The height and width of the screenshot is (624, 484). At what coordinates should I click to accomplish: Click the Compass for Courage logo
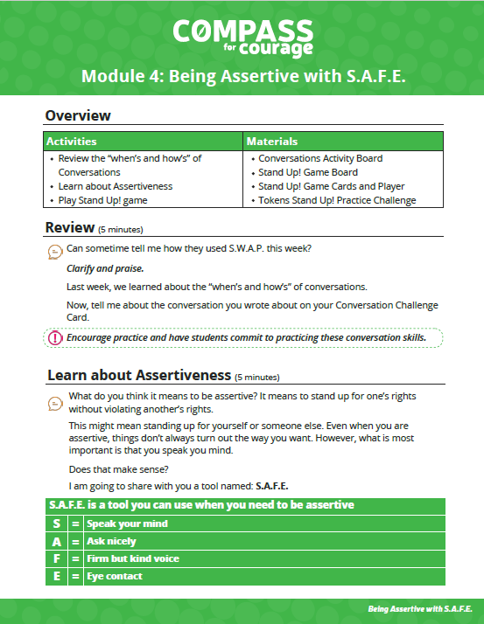(x=242, y=37)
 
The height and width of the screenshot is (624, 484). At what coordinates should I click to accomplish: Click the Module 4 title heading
(x=242, y=76)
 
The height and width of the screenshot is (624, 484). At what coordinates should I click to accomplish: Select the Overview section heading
(x=78, y=115)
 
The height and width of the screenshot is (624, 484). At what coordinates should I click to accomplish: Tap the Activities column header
(x=72, y=141)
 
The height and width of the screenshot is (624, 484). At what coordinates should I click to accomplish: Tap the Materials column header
(x=272, y=141)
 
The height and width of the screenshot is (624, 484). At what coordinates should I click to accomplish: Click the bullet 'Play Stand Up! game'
(x=102, y=200)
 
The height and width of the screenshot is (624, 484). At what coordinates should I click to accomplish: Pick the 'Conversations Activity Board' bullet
(x=320, y=158)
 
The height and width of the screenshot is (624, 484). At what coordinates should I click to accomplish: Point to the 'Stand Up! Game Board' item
(x=307, y=172)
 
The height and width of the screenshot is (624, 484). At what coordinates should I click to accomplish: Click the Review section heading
(x=69, y=228)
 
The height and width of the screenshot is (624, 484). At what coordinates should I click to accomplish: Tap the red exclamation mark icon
(x=54, y=337)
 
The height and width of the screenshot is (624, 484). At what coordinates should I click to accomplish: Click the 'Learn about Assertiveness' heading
(x=139, y=376)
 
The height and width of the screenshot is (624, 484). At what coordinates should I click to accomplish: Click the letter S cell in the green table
(x=56, y=523)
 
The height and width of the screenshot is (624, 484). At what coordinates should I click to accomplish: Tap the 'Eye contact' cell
(x=115, y=576)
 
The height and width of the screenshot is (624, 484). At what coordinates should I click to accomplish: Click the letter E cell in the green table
(x=56, y=576)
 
